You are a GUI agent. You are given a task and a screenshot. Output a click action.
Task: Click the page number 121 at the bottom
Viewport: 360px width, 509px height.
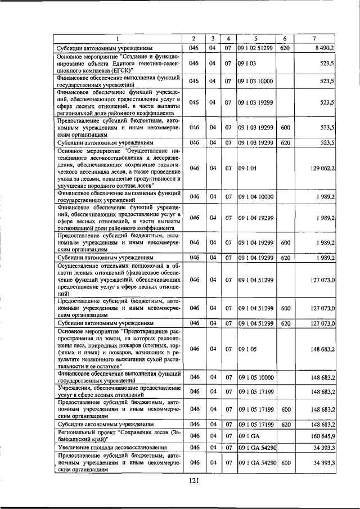click(195, 480)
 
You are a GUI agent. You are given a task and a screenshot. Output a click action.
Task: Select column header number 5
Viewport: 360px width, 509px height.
click(255, 39)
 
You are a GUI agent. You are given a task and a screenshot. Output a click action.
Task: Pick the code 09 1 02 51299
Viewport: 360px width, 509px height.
click(255, 48)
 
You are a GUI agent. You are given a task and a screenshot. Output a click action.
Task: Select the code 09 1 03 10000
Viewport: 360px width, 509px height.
click(255, 81)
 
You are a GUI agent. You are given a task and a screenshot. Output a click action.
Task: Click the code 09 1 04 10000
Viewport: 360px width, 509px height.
click(255, 196)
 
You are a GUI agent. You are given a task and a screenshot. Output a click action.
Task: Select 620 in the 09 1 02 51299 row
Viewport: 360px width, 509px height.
click(285, 48)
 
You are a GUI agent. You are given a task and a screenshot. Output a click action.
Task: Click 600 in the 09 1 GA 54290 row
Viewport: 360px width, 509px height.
click(285, 462)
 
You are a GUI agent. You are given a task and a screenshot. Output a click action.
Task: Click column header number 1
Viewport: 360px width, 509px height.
click(118, 39)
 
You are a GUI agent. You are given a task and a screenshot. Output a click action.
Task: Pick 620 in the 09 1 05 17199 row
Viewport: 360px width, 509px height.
click(285, 424)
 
